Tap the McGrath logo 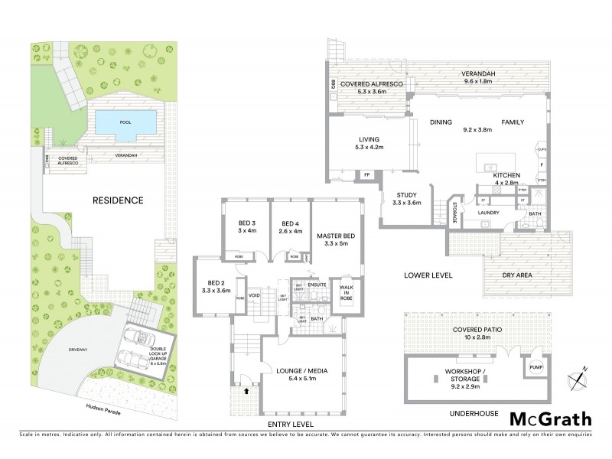pos(550,418)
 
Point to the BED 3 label pos(246,227)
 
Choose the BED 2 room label pos(215,287)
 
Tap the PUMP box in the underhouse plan pos(535,366)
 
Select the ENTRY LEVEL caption pos(291,424)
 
